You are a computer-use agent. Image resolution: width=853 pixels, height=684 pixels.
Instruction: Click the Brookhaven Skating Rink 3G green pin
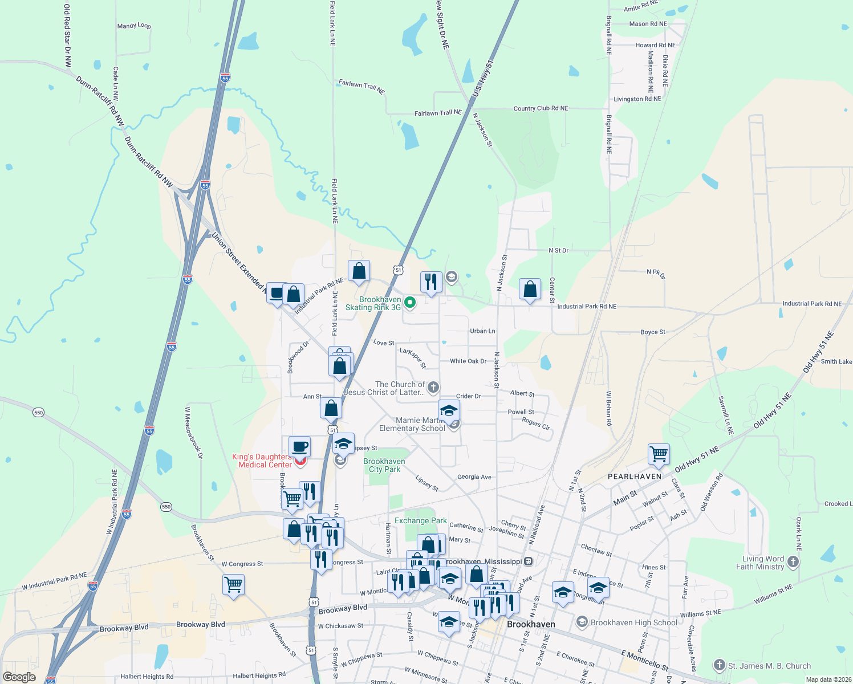point(410,303)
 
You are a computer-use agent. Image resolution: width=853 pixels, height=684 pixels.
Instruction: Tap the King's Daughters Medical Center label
point(262,461)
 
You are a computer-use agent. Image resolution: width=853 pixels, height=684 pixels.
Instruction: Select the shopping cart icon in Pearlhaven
point(659,454)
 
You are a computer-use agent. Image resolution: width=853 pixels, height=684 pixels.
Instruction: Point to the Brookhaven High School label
point(634,622)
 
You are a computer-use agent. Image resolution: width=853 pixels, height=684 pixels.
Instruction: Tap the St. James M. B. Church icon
point(719,665)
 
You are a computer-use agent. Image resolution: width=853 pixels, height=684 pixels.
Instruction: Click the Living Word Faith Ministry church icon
point(793,563)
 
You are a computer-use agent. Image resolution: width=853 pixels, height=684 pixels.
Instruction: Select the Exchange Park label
point(421,520)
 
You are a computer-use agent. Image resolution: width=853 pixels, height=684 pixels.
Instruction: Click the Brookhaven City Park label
point(384,465)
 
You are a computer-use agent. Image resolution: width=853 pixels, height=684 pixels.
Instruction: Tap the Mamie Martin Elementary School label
point(412,424)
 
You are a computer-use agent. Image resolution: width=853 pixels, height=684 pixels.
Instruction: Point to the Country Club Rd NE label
point(541,108)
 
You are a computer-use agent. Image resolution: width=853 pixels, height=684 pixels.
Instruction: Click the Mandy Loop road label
point(134,26)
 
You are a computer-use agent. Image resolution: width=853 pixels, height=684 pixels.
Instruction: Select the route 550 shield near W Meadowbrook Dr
point(165,507)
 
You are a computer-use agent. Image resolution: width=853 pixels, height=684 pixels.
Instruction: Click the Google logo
point(19,677)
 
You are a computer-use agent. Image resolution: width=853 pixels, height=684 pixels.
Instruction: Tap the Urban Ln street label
point(482,331)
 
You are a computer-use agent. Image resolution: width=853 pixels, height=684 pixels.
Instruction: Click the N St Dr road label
point(558,250)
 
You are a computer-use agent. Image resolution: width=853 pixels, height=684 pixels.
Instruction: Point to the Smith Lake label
point(836,361)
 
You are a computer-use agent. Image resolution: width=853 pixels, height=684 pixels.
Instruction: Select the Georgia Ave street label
point(474,477)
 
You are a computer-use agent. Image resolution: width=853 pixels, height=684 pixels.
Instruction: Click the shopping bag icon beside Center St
point(530,290)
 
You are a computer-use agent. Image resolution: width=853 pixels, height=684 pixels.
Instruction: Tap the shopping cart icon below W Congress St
point(233,585)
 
